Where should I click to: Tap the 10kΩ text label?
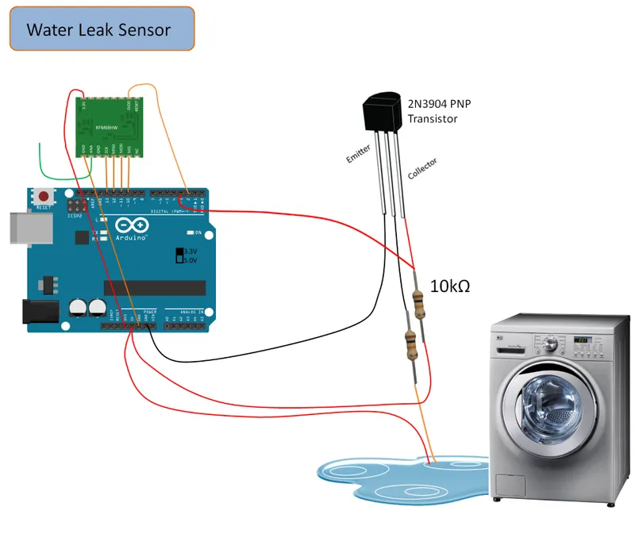pyautogui.click(x=450, y=286)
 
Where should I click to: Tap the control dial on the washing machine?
pyautogui.click(x=548, y=344)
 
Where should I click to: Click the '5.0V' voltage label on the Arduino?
pyautogui.click(x=190, y=259)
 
